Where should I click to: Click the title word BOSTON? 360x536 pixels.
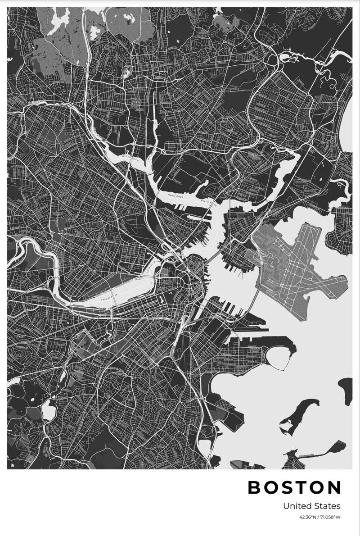point(295,487)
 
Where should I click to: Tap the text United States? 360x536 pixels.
point(311,506)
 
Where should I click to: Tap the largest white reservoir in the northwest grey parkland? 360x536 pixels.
point(58,18)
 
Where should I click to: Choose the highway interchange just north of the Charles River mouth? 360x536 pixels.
point(170,245)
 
